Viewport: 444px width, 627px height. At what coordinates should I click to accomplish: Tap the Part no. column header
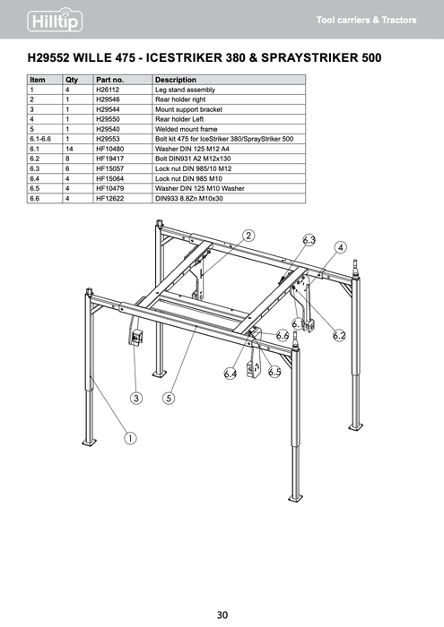[109, 81]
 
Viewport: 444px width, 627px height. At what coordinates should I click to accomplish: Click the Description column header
[175, 81]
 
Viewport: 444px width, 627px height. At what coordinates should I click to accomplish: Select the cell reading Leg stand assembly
[185, 90]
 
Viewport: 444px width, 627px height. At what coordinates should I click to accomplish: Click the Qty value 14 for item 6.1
[69, 150]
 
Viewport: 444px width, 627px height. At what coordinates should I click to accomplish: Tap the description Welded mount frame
[187, 130]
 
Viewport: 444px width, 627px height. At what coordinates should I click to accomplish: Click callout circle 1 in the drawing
[130, 439]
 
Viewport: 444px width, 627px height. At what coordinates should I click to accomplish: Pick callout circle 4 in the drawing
[341, 247]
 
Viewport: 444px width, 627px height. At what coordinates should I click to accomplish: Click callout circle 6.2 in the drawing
[339, 335]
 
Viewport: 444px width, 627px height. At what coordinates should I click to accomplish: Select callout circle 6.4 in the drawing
[231, 374]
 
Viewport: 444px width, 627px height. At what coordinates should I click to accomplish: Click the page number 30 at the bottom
[222, 614]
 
